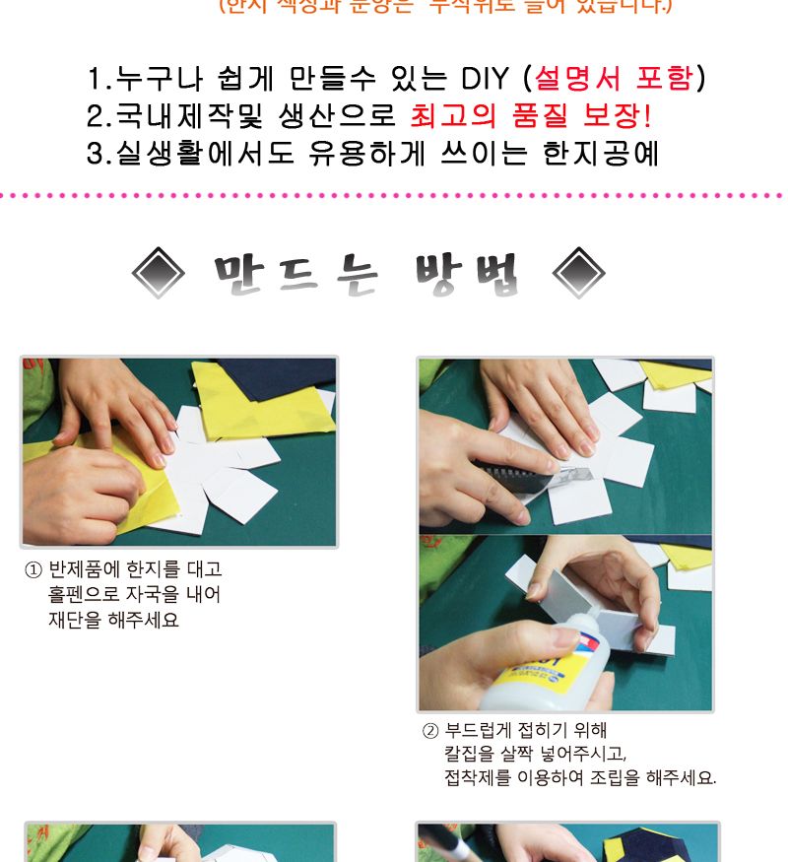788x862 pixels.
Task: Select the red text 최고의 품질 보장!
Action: click(x=530, y=116)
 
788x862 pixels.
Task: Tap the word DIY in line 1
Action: click(x=486, y=78)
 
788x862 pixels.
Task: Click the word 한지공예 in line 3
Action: click(x=601, y=155)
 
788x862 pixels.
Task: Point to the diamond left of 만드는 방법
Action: click(x=158, y=273)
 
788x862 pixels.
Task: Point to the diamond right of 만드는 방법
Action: click(x=579, y=273)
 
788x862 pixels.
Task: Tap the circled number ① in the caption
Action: click(x=33, y=570)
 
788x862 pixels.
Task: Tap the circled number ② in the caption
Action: click(x=429, y=731)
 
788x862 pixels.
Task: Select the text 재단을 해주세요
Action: click(x=114, y=621)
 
